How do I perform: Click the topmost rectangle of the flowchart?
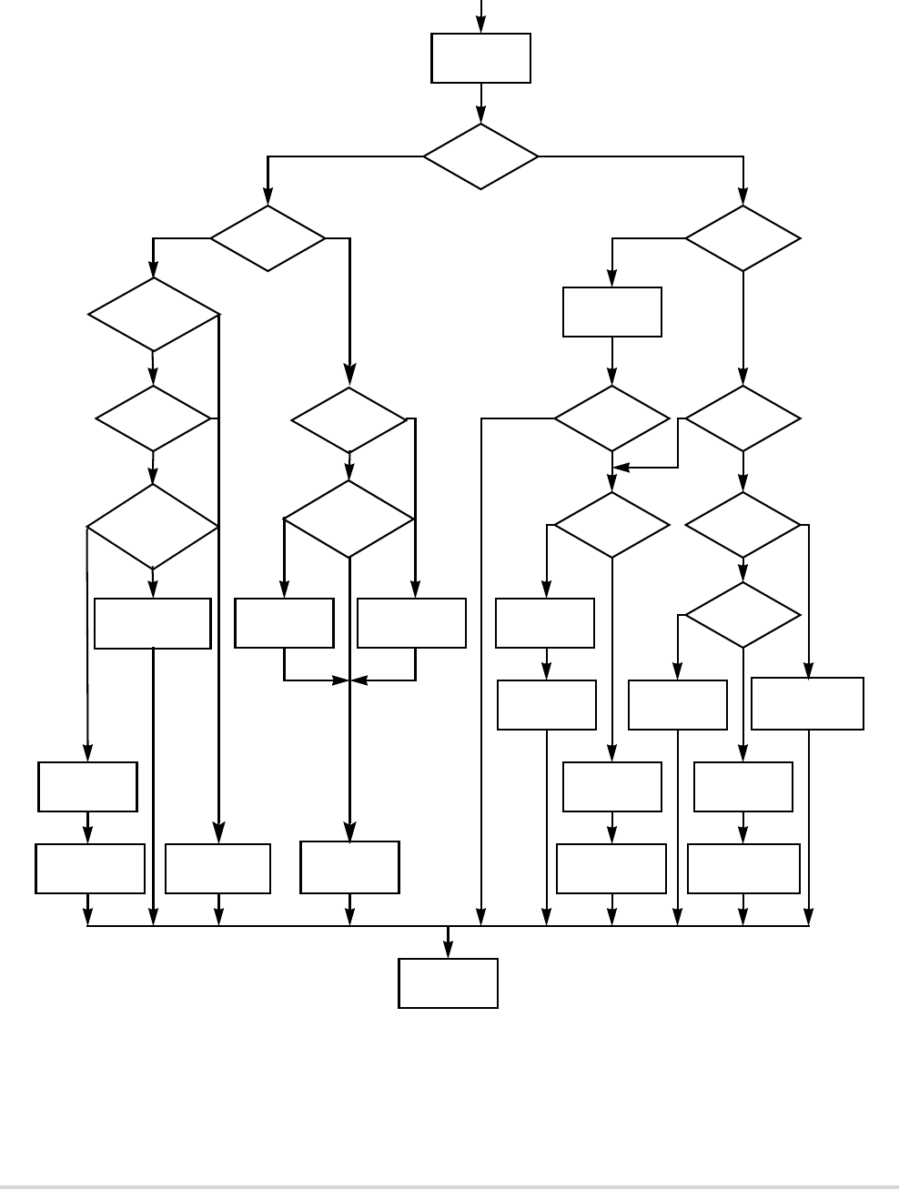pos(480,58)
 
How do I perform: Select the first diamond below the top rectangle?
pos(480,156)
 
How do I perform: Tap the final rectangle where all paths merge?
pos(448,982)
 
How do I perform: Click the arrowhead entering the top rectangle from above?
pos(480,26)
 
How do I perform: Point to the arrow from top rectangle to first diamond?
pos(480,103)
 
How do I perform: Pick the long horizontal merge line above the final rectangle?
pos(273,926)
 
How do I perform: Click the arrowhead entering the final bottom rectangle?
pos(448,952)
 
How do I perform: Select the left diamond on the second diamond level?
pos(268,238)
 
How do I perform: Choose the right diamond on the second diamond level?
pos(742,238)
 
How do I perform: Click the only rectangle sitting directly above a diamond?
pos(612,312)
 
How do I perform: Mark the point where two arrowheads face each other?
pos(350,680)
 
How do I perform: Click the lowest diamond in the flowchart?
pos(742,615)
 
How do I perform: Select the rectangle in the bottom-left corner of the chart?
pos(90,869)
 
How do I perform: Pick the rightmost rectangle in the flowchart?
pos(807,703)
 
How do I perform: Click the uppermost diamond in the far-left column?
pos(154,314)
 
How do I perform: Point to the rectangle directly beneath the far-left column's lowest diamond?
pos(153,623)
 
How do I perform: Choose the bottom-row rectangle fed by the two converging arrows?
pos(349,867)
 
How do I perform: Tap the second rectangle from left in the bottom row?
pos(218,869)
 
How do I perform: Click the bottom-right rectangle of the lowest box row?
pos(743,869)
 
